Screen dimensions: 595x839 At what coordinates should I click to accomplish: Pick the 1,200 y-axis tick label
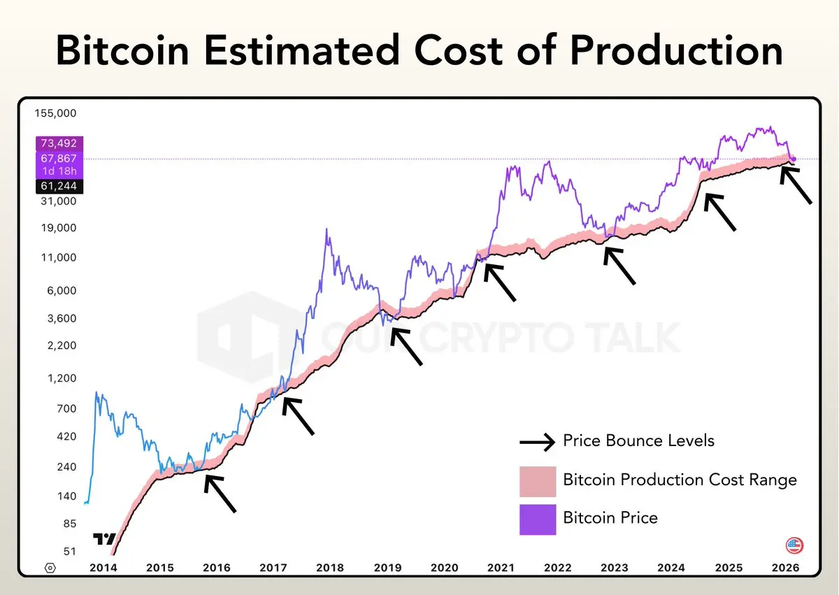pyautogui.click(x=62, y=378)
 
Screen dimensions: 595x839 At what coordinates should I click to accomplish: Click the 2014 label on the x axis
pyautogui.click(x=103, y=568)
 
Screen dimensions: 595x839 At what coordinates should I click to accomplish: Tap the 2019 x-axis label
pyautogui.click(x=387, y=568)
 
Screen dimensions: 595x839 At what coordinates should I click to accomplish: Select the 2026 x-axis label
pyautogui.click(x=784, y=568)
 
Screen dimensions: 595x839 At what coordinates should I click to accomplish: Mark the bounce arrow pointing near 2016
pyautogui.click(x=220, y=494)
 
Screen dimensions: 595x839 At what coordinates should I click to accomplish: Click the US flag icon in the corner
pyautogui.click(x=794, y=545)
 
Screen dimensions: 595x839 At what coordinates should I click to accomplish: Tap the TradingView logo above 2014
pyautogui.click(x=104, y=539)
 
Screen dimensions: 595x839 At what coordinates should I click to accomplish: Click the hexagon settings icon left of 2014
pyautogui.click(x=50, y=568)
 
